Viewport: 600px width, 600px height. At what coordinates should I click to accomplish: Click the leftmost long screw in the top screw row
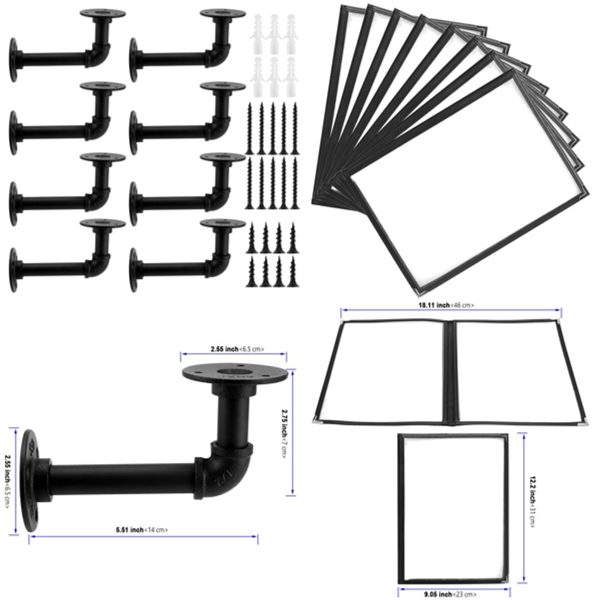click(249, 127)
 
